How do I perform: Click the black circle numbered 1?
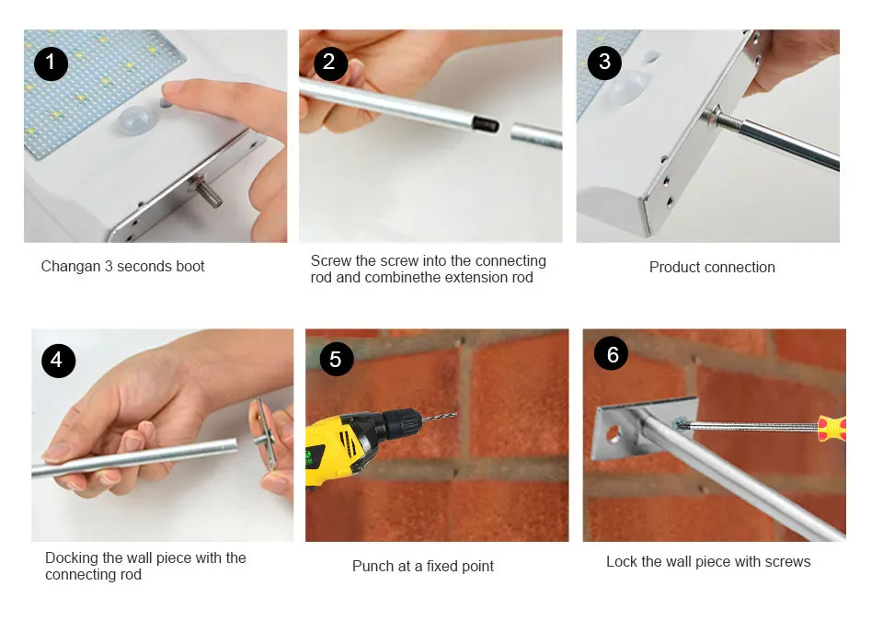(51, 63)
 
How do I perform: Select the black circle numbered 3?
(604, 63)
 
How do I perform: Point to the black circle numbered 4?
(59, 361)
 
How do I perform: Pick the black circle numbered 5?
(337, 359)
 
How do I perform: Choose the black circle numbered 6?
(611, 353)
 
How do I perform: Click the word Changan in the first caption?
(71, 267)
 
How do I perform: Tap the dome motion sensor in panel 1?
(136, 120)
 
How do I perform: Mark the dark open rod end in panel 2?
(486, 124)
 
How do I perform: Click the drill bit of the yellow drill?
(439, 418)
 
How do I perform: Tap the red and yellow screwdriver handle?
(832, 428)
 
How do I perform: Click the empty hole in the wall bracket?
(613, 434)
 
